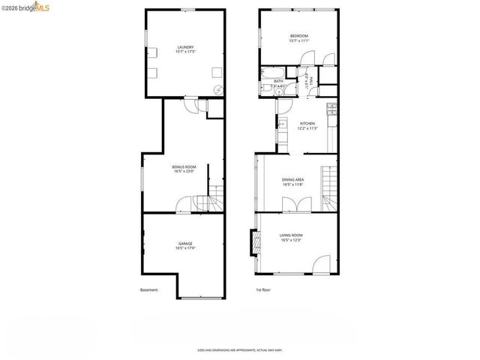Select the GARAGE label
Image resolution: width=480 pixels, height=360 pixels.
(x=185, y=244)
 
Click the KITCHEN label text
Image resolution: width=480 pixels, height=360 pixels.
(x=308, y=124)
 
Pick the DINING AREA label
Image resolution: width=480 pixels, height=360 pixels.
(x=292, y=180)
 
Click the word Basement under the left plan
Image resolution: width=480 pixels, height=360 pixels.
(x=149, y=290)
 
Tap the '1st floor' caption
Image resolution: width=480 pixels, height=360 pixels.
(x=263, y=290)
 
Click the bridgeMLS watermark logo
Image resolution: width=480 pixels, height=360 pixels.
(x=27, y=7)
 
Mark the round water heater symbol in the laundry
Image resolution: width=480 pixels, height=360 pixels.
(x=219, y=89)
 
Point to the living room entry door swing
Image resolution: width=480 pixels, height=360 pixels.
(x=322, y=263)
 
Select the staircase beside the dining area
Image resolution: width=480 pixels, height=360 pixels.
(x=329, y=187)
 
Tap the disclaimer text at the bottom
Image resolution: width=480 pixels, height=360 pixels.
(x=240, y=349)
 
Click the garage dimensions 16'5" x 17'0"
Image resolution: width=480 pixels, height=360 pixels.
(x=185, y=249)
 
